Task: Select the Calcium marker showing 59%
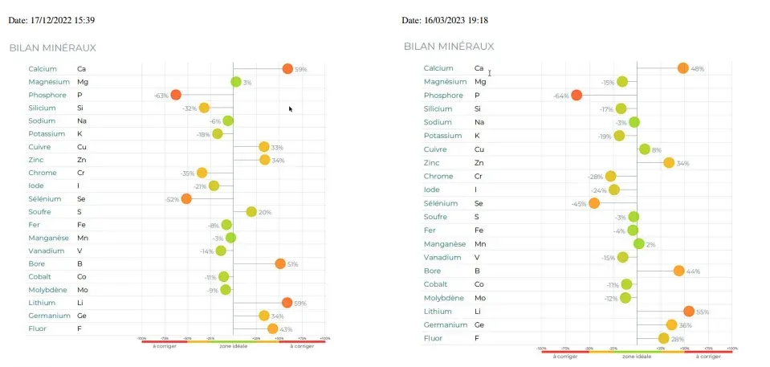[x=287, y=68]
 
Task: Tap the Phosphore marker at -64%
[x=576, y=96]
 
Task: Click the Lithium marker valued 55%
[x=688, y=311]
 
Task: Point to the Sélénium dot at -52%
[x=186, y=198]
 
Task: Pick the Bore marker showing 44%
[x=678, y=271]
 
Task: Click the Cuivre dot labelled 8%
[x=644, y=149]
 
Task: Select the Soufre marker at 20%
[x=251, y=212]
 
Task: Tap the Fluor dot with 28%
[x=663, y=338]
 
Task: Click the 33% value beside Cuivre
[x=277, y=147]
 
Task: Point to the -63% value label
[x=161, y=96]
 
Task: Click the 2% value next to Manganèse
[x=651, y=244]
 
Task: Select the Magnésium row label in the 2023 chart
[x=445, y=82]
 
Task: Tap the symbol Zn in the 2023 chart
[x=479, y=163]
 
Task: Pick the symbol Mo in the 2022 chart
[x=82, y=290]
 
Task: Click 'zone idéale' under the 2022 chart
[x=233, y=346]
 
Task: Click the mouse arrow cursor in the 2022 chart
[x=291, y=108]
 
